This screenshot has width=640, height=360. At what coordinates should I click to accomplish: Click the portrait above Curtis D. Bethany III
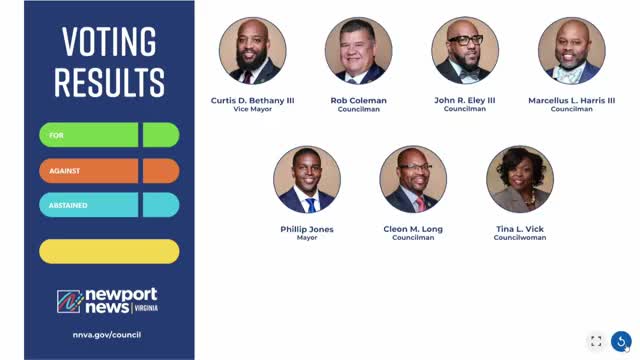pyautogui.click(x=252, y=50)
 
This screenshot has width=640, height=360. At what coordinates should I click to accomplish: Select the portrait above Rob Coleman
pyautogui.click(x=358, y=50)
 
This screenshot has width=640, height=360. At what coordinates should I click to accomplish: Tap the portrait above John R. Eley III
pyautogui.click(x=465, y=50)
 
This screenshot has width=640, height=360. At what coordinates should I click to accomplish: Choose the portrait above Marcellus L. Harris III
pyautogui.click(x=571, y=50)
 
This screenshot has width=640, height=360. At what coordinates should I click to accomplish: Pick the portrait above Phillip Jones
pyautogui.click(x=307, y=179)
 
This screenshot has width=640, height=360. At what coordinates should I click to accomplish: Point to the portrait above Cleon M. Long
pyautogui.click(x=413, y=179)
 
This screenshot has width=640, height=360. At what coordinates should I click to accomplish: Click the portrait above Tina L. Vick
pyautogui.click(x=520, y=179)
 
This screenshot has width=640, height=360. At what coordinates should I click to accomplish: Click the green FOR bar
pyautogui.click(x=109, y=135)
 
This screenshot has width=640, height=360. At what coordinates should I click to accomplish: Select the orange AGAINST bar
pyautogui.click(x=109, y=171)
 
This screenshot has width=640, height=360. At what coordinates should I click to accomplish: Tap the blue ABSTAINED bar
pyautogui.click(x=109, y=205)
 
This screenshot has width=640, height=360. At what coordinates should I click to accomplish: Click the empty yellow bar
pyautogui.click(x=109, y=251)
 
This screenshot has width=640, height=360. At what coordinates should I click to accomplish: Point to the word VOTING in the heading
pyautogui.click(x=109, y=43)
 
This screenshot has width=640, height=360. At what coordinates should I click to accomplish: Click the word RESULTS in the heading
pyautogui.click(x=109, y=81)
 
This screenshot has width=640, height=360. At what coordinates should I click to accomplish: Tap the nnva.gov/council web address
pyautogui.click(x=107, y=334)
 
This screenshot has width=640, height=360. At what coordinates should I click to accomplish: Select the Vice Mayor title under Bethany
pyautogui.click(x=252, y=109)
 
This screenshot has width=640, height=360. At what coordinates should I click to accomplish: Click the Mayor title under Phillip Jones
pyautogui.click(x=307, y=238)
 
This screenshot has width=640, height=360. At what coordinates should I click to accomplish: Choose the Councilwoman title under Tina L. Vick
pyautogui.click(x=520, y=238)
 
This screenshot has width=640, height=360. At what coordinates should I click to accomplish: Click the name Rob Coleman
pyautogui.click(x=358, y=100)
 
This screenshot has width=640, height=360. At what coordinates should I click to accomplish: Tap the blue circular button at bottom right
pyautogui.click(x=621, y=341)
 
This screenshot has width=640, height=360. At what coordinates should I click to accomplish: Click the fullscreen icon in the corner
pyautogui.click(x=596, y=341)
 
